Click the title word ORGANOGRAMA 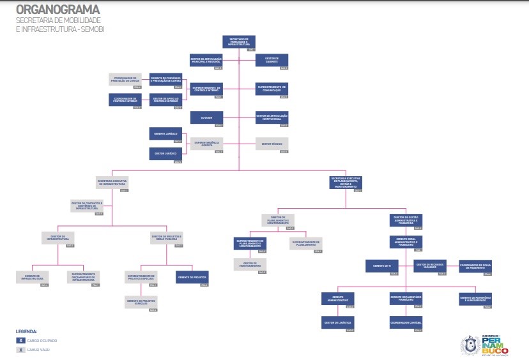pyautogui.click(x=57, y=10)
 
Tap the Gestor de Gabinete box pyautogui.click(x=272, y=61)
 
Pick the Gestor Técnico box pyautogui.click(x=272, y=144)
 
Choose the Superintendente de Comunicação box pyautogui.click(x=272, y=89)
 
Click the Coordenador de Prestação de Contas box pyautogui.click(x=125, y=80)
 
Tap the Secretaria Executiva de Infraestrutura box pyautogui.click(x=113, y=184)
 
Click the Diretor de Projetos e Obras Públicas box pyautogui.click(x=167, y=237)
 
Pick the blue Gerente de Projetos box pyautogui.click(x=192, y=278)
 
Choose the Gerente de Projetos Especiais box pyautogui.click(x=141, y=303)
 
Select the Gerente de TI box pyautogui.click(x=382, y=266)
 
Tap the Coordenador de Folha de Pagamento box pyautogui.click(x=475, y=266)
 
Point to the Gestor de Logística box pyautogui.click(x=337, y=323)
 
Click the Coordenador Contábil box pyautogui.click(x=406, y=323)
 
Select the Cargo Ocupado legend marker pyautogui.click(x=22, y=341)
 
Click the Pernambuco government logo pyautogui.click(x=484, y=345)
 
